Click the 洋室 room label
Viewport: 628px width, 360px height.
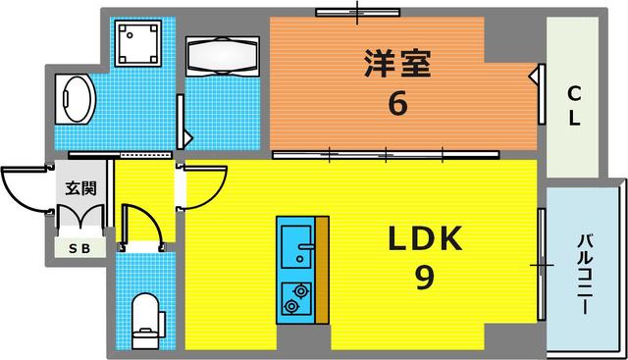click(396, 67)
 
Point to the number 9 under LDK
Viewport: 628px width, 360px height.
click(423, 280)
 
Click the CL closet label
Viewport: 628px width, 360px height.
click(574, 106)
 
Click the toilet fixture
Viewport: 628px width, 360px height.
click(143, 315)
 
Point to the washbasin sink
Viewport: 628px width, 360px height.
click(76, 100)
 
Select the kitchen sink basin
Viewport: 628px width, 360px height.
click(294, 240)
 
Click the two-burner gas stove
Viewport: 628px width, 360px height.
click(295, 297)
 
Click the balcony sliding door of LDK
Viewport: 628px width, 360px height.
click(540, 265)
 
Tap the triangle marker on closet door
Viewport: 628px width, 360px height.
click(536, 77)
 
